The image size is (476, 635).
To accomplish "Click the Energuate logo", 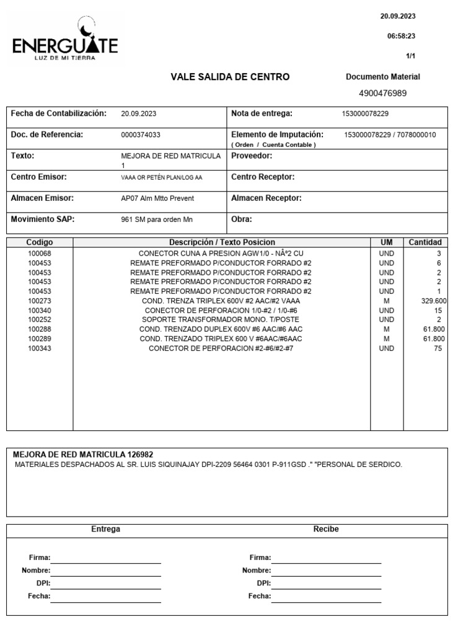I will [x=65, y=41].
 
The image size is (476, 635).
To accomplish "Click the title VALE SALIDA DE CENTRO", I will [x=230, y=77].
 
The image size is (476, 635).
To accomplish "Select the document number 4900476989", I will [x=382, y=93].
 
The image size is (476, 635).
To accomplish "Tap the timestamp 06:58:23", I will [x=402, y=37].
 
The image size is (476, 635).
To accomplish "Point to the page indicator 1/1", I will [x=410, y=56].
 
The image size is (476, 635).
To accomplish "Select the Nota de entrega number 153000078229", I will [x=365, y=114].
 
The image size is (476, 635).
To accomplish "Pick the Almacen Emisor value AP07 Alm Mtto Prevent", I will [x=157, y=198].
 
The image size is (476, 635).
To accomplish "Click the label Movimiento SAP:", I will [x=42, y=219].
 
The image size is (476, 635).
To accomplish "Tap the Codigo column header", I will [x=40, y=242].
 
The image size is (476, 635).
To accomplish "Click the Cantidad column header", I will [x=425, y=242].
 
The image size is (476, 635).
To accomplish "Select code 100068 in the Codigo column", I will [x=40, y=254].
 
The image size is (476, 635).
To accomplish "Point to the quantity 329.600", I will [x=434, y=301].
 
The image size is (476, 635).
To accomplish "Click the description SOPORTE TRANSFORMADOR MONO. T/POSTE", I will [x=221, y=320].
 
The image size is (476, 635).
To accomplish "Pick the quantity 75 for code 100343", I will [x=438, y=349].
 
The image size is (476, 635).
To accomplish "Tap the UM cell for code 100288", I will [x=387, y=329].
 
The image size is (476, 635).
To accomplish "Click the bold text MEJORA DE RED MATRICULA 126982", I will [x=82, y=455].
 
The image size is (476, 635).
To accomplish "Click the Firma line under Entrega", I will [x=105, y=558].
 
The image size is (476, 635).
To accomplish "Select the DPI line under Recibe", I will [x=326, y=584].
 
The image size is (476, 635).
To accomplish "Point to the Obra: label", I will [x=242, y=219].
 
